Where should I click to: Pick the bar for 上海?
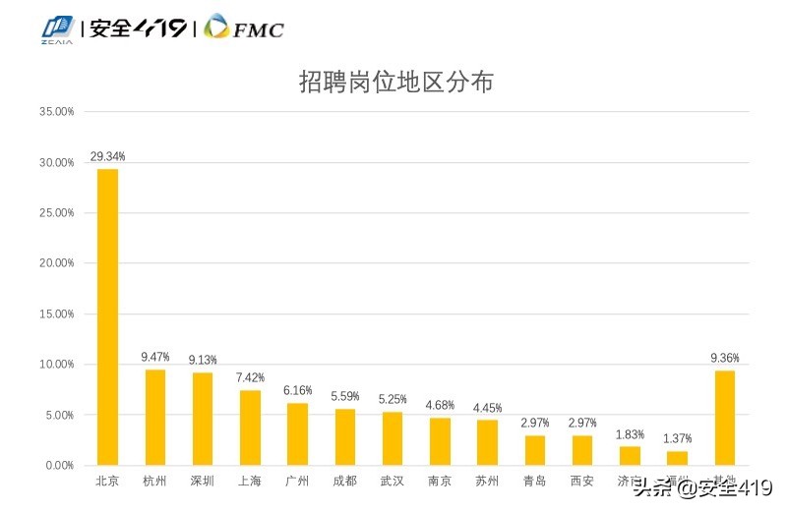tap(250, 427)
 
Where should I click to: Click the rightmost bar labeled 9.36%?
tap(724, 418)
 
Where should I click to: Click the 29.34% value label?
tap(107, 156)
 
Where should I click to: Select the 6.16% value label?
tap(297, 390)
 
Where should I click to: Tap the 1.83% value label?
tap(630, 434)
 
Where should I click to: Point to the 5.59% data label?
tap(344, 396)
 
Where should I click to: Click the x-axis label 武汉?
tap(392, 482)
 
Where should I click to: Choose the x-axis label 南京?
tap(440, 482)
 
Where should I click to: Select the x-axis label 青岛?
tap(534, 482)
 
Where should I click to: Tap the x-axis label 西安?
tap(581, 482)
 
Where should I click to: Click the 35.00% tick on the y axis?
tap(57, 112)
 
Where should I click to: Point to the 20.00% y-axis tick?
tap(57, 263)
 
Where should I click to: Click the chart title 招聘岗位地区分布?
tap(395, 82)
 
